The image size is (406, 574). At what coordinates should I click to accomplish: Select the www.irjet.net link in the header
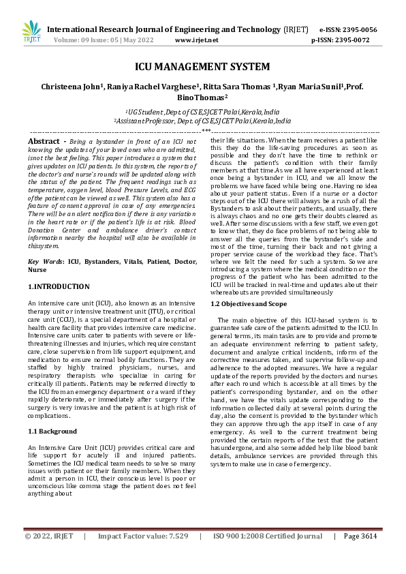click(x=197, y=40)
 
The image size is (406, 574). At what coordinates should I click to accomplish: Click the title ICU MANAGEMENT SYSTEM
click(x=202, y=67)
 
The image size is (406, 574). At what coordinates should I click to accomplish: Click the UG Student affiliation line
click(x=202, y=110)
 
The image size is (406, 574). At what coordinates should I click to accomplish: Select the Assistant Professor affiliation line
click(x=202, y=120)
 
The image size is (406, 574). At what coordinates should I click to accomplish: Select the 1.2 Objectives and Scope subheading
click(x=249, y=303)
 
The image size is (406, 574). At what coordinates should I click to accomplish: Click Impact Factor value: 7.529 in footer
click(x=143, y=556)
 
